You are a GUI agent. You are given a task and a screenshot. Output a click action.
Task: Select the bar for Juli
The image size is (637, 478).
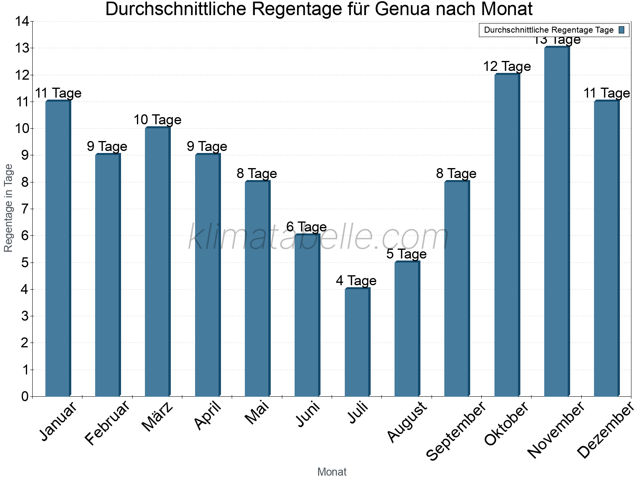[x=357, y=343]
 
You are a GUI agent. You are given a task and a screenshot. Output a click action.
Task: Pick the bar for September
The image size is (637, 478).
[x=457, y=289]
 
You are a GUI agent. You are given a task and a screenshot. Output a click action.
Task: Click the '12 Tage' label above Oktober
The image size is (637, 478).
[x=507, y=66]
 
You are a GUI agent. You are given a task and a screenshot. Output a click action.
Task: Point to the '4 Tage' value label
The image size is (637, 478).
[x=356, y=280]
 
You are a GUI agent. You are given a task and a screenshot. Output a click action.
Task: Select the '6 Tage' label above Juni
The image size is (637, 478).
[x=307, y=227]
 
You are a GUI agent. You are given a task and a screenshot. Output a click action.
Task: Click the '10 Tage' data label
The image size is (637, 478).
[x=157, y=119]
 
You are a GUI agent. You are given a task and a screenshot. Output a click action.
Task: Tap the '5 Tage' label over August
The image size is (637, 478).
[x=406, y=254]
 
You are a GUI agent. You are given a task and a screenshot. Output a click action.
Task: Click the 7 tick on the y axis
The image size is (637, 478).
[x=25, y=209]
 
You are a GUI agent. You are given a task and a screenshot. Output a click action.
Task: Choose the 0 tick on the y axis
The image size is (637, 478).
[x=25, y=396]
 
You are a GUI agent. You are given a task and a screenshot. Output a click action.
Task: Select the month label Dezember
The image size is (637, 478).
[x=605, y=430]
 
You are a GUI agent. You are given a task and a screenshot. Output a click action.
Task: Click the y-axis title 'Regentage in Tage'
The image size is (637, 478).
[x=8, y=208]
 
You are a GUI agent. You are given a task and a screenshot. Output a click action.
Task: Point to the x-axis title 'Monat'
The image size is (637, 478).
[x=332, y=472]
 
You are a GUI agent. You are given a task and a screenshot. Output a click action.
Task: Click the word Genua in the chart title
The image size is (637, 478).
[x=404, y=9]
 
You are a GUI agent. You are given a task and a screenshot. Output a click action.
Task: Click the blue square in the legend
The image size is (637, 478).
[x=621, y=30]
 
